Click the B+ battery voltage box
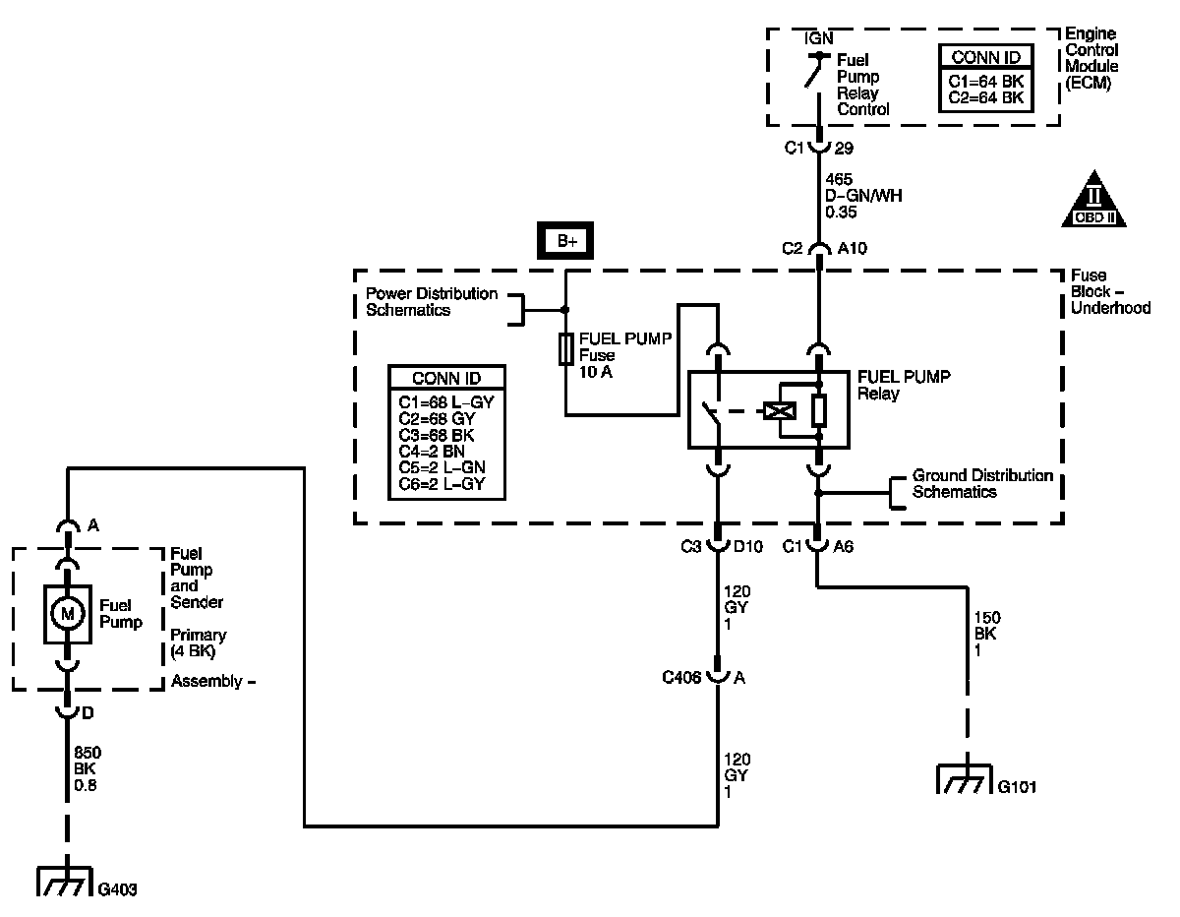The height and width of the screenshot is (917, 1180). click(564, 240)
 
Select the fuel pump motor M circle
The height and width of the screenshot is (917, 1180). click(67, 614)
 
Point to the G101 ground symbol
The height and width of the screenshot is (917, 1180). click(965, 778)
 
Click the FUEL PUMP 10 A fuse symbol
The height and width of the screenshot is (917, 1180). click(565, 348)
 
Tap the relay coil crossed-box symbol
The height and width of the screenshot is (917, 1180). click(780, 411)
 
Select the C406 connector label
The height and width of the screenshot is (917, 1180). click(681, 677)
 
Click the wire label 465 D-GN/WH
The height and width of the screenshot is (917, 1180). click(863, 196)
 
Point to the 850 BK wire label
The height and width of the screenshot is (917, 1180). click(87, 768)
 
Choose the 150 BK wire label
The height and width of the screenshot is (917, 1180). click(986, 634)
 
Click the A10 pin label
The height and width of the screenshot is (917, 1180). click(852, 248)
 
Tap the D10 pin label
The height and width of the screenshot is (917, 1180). click(747, 546)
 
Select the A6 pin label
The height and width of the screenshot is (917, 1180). click(843, 546)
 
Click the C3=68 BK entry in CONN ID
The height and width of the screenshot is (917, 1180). click(436, 435)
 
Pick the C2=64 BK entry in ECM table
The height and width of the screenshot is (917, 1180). click(985, 97)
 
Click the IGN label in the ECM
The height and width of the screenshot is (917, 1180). click(818, 38)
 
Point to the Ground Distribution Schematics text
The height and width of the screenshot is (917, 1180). click(982, 483)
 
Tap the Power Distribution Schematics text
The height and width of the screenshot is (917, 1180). click(431, 301)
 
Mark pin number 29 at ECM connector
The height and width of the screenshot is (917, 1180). click(844, 148)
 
